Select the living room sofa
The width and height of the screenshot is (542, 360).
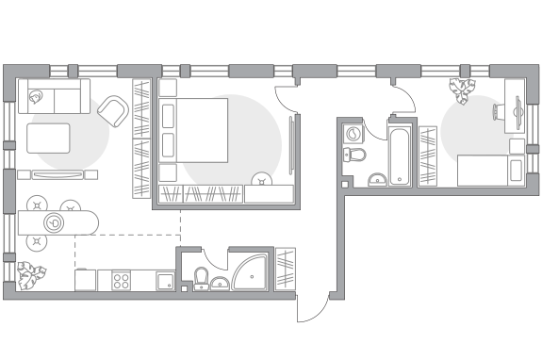point(55,96)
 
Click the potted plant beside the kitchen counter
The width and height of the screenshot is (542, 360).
point(30,274)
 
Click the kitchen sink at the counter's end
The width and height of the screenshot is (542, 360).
point(161,279)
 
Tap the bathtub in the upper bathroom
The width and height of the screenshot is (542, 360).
point(399,154)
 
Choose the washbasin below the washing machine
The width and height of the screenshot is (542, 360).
point(375,177)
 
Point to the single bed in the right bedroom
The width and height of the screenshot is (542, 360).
point(490,172)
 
